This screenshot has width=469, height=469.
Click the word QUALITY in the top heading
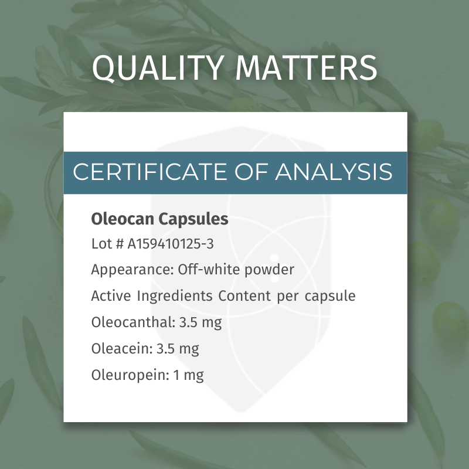pos(158,68)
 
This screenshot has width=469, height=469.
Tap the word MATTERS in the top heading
pos(306,68)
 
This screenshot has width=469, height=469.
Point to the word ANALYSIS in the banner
pos(334,172)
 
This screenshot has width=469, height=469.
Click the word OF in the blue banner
pos(251,172)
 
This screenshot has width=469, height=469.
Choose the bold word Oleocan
pos(123,219)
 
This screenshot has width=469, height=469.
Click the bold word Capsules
pos(193,219)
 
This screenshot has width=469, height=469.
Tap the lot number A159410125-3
pos(171,244)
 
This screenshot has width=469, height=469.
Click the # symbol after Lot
pos(119,244)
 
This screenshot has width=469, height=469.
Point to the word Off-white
pos(209,270)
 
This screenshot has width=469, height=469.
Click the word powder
pos(269,270)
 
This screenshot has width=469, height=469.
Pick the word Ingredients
pos(175,296)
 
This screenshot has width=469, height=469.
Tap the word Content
pos(244,296)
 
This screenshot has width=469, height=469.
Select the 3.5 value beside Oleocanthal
pos(188,322)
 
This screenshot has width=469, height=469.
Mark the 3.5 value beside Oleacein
pos(165,349)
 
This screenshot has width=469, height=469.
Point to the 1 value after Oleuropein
pos(176,375)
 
